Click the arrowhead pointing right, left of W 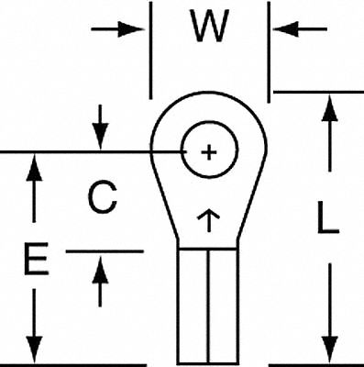pyautogui.click(x=138, y=28)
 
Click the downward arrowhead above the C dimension pyautogui.click(x=100, y=139)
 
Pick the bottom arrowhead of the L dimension pyautogui.click(x=327, y=351)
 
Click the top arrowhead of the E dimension pyautogui.click(x=35, y=165)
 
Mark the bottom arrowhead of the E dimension pyautogui.click(x=35, y=351)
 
